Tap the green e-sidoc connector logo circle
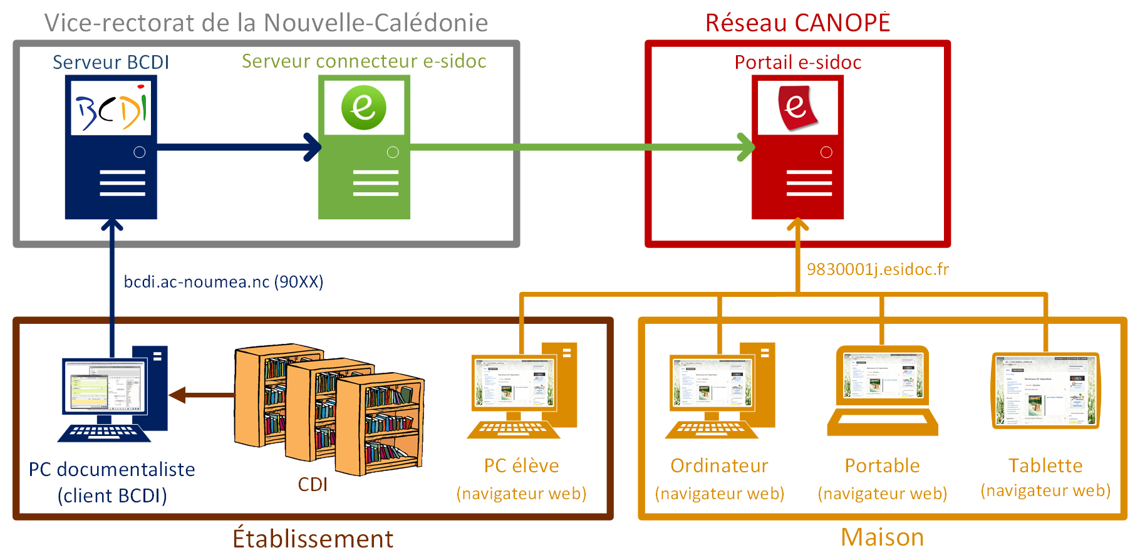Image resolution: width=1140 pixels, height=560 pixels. [x=363, y=108]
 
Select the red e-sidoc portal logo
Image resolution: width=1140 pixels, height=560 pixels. [x=797, y=108]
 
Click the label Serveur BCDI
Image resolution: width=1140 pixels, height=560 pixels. [x=111, y=62]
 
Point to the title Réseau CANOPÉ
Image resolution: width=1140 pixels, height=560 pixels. [x=797, y=23]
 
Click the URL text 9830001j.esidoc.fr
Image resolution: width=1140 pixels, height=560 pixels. [x=878, y=269]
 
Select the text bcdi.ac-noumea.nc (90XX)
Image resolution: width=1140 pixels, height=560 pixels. [x=224, y=282]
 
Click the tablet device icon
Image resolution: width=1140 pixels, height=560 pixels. [x=1045, y=390]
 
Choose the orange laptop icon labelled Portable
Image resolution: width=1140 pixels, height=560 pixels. [x=883, y=391]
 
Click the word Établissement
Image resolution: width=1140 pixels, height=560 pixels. [x=313, y=539]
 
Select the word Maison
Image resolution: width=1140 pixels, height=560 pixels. [x=882, y=537]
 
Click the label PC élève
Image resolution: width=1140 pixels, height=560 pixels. [x=521, y=465]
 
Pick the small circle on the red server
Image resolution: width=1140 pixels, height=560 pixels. [x=826, y=152]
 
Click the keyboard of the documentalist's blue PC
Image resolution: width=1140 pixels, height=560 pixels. [x=103, y=432]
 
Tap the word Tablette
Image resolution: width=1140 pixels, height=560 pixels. [x=1045, y=465]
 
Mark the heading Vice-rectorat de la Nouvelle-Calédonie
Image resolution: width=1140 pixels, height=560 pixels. [x=266, y=23]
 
